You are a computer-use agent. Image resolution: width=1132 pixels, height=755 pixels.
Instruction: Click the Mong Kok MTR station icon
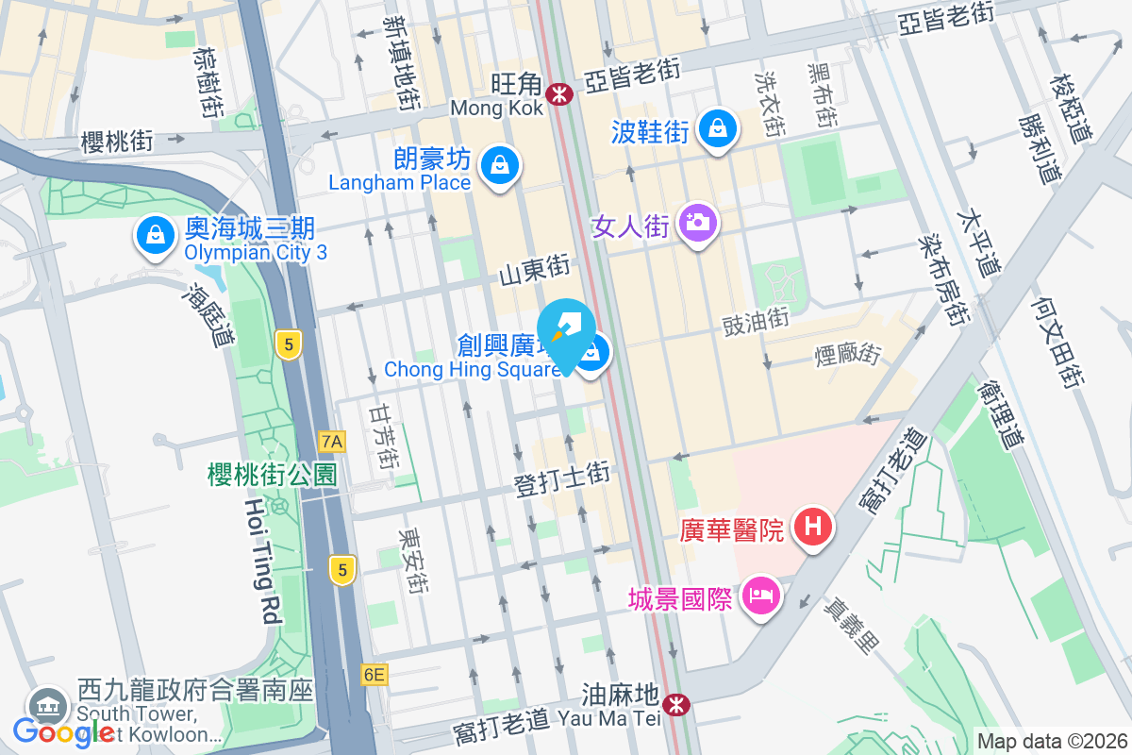[x=559, y=94]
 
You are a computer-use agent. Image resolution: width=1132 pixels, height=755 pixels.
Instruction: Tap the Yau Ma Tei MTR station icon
[x=675, y=704]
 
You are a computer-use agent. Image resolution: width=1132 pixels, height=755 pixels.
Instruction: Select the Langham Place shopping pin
[x=498, y=165]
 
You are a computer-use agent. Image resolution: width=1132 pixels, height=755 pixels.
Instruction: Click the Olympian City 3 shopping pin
[x=154, y=235]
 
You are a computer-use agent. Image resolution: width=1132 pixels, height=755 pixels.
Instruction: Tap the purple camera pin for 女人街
[x=698, y=224]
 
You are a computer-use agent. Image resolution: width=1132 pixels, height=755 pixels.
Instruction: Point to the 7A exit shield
[x=332, y=441]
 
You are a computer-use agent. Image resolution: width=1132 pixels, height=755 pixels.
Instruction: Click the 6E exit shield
[x=374, y=674]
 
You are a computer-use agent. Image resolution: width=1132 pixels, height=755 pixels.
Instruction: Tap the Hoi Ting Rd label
[x=263, y=562]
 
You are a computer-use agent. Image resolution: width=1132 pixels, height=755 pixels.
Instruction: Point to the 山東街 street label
[x=535, y=270]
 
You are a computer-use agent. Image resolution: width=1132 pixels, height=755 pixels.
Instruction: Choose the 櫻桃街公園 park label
[x=272, y=474]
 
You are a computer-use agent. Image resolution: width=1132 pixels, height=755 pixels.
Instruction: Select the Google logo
[x=63, y=732]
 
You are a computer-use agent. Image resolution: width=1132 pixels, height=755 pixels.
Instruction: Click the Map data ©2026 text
[x=1051, y=742]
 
